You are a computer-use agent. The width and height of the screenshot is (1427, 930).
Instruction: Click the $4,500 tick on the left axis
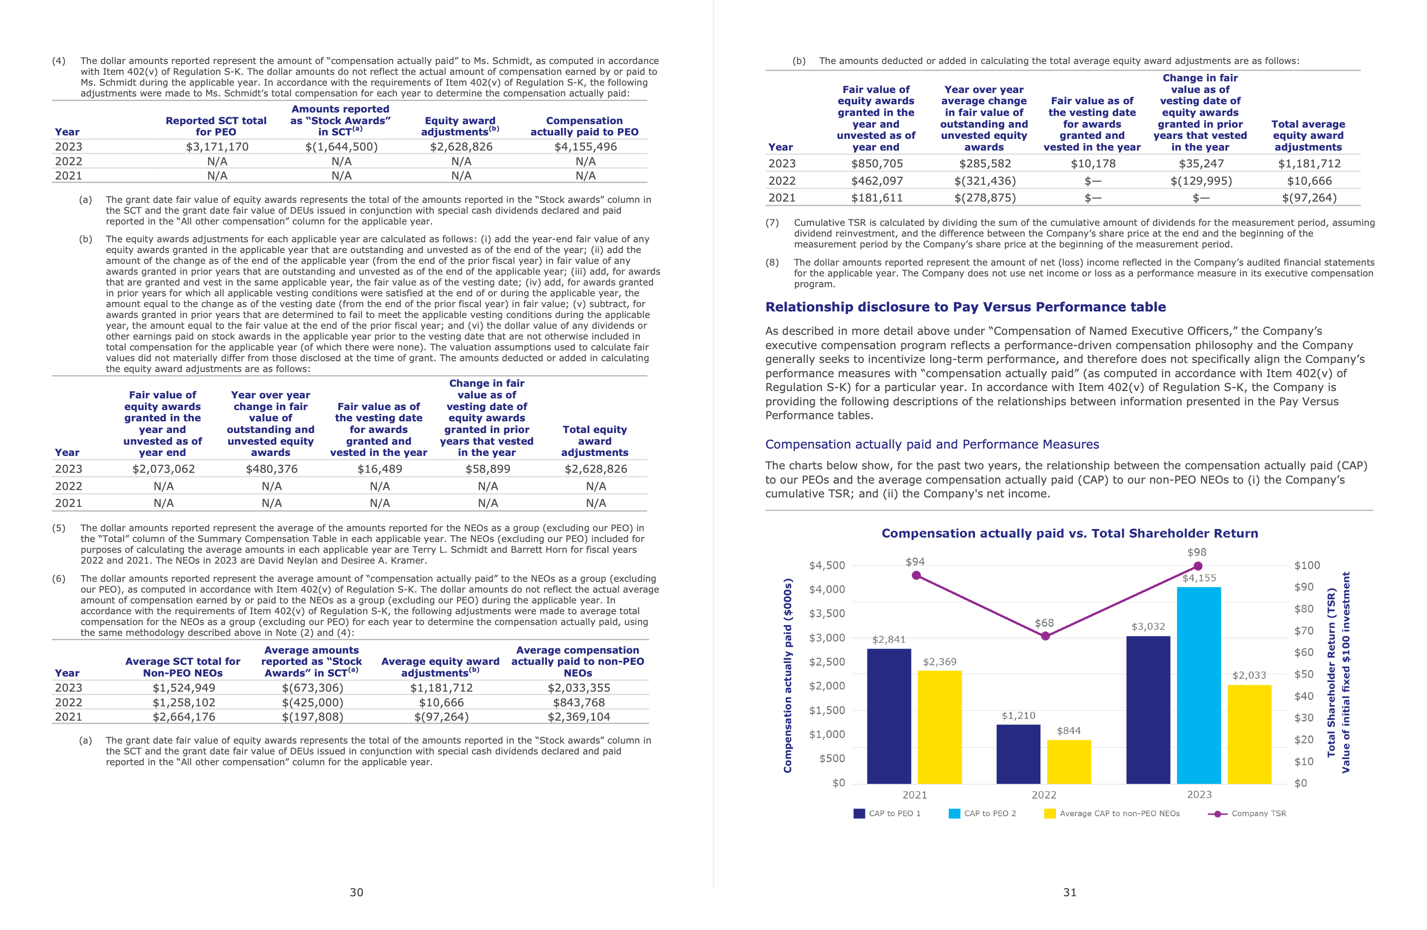click(827, 565)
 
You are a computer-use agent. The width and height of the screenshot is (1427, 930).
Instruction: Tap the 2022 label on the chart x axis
click(1044, 795)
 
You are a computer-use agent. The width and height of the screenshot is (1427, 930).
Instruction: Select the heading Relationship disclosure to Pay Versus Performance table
click(965, 307)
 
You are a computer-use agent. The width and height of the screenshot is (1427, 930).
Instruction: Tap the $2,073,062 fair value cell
click(163, 469)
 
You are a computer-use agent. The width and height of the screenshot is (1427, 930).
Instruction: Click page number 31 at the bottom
click(1070, 892)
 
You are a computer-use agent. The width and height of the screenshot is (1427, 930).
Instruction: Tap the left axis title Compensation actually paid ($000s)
click(788, 675)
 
